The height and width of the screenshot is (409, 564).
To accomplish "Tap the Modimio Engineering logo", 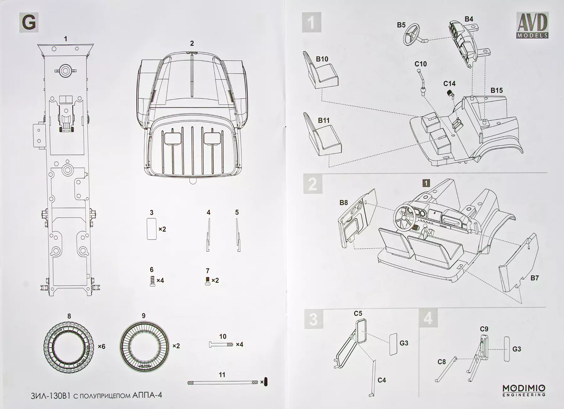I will click(x=524, y=390).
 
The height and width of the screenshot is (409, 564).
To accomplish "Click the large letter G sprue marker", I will click(x=29, y=23).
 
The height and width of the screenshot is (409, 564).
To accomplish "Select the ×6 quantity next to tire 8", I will click(x=101, y=346).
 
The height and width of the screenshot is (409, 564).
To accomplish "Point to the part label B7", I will click(x=534, y=278).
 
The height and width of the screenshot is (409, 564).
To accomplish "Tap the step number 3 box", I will click(x=313, y=319).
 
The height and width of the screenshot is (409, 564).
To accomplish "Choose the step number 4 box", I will click(x=428, y=318).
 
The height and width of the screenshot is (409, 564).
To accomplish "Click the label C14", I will click(x=449, y=84).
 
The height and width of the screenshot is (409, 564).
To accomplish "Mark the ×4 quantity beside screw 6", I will click(x=160, y=280).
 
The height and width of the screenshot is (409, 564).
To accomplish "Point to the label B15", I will click(x=497, y=91).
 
